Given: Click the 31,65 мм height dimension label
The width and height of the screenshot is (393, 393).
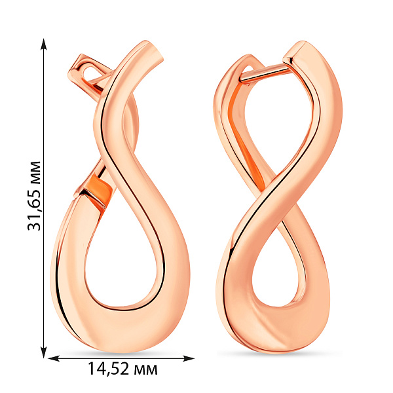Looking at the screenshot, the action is click(34, 196).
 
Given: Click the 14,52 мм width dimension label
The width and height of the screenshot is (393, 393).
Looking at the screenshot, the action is click(122, 369).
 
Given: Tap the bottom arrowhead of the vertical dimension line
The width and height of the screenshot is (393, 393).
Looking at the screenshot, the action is click(44, 352).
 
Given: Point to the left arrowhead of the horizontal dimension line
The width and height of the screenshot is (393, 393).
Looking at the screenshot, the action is click(54, 358).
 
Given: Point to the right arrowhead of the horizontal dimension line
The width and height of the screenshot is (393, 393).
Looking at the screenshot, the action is click(189, 358).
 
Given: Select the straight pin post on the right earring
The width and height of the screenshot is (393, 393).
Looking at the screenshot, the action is click(265, 73).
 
